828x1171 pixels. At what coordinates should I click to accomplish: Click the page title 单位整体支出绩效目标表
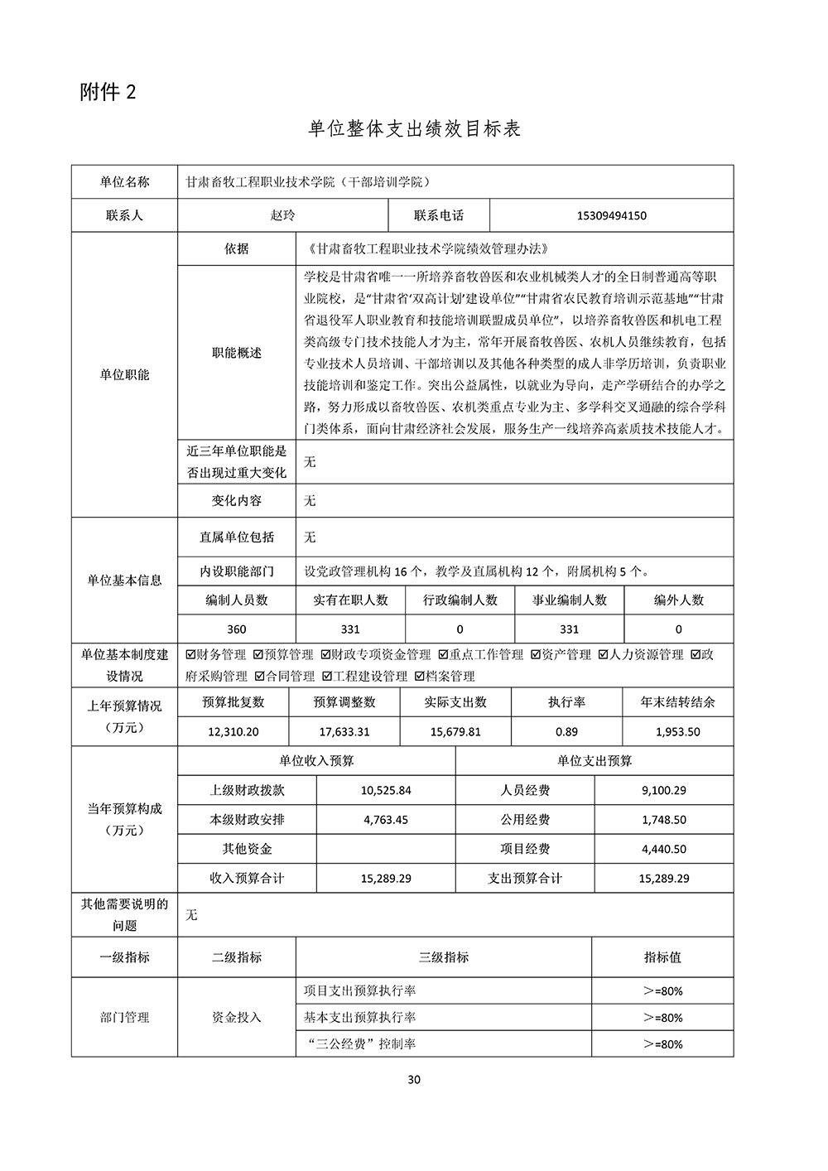414,129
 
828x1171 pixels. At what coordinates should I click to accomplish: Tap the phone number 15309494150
611,216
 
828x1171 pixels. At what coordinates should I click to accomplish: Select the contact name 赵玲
282,215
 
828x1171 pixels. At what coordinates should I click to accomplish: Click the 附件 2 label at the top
108,92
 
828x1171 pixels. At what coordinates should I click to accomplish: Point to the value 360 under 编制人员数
236,629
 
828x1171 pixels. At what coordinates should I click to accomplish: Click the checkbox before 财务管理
191,655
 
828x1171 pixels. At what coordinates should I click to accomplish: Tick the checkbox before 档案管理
420,677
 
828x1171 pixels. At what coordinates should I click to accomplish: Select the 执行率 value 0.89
566,732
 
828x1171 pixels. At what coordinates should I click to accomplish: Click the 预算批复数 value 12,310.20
233,732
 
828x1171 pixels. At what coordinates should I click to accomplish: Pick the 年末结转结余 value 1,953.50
677,732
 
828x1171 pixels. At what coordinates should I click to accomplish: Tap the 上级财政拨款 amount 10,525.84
386,790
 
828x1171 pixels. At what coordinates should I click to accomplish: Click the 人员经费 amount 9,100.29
663,790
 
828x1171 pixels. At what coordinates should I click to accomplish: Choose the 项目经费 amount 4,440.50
663,849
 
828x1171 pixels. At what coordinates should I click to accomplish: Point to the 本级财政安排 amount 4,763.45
386,820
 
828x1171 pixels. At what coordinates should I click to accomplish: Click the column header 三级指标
444,957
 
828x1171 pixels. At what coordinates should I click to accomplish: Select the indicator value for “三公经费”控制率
662,1044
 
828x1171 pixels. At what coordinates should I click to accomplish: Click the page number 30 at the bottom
415,1079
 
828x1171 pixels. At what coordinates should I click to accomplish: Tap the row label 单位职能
124,374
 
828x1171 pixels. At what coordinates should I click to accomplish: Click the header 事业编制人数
570,600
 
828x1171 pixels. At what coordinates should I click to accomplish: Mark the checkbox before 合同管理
259,677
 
